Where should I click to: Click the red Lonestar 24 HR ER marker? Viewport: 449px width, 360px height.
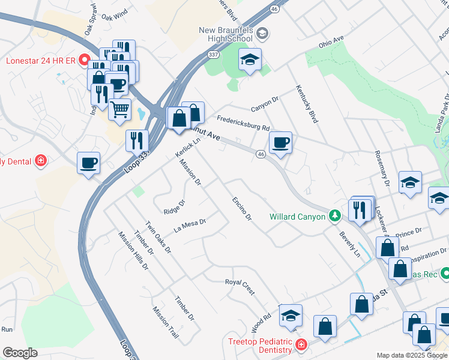coord(84,61)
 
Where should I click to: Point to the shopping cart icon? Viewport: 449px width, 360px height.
coord(120,110)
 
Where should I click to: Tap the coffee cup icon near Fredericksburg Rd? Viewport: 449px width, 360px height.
coord(280,143)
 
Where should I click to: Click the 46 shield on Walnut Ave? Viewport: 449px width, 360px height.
coord(261,154)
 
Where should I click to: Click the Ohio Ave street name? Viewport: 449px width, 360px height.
coord(330,41)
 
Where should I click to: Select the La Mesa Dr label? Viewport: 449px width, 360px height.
coord(190,226)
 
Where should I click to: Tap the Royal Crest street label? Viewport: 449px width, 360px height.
coord(240,286)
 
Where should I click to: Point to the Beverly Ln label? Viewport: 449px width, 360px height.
coord(349,244)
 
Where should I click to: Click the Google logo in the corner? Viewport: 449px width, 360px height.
coord(20,353)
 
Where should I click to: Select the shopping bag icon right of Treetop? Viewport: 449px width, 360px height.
coord(325,327)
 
